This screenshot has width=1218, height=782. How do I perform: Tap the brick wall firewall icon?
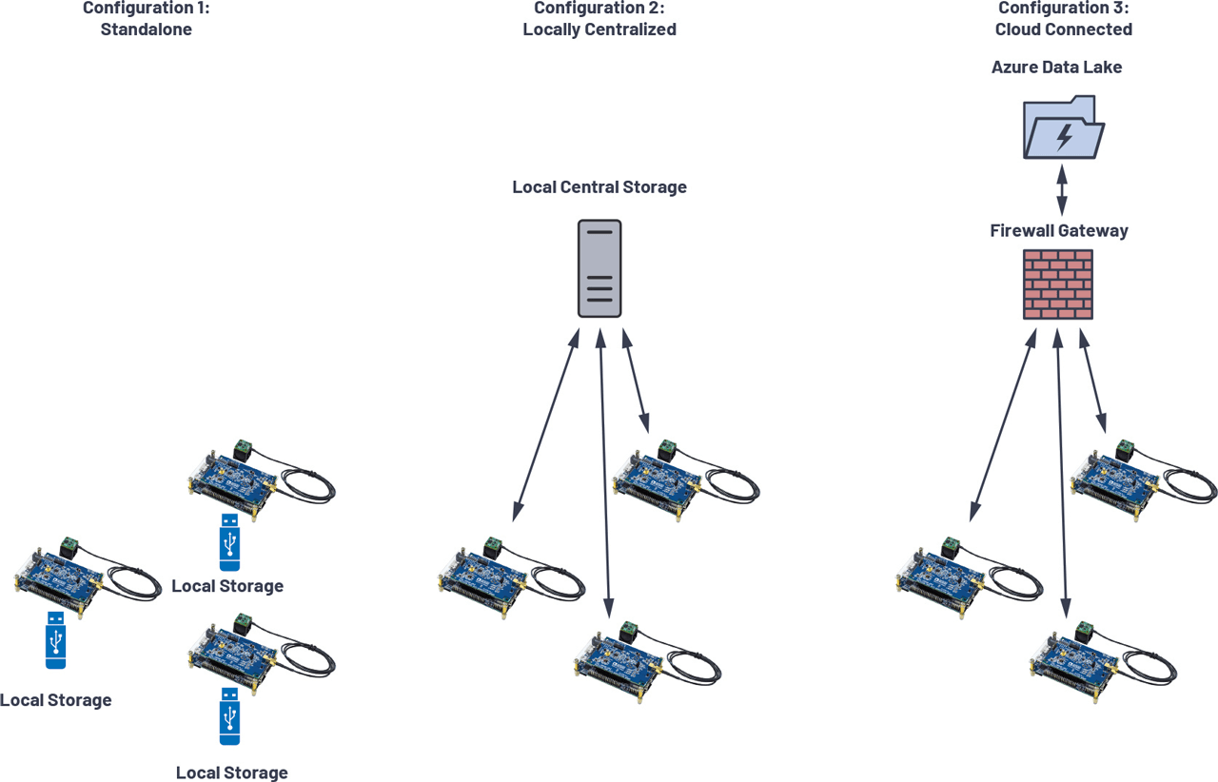[1058, 284]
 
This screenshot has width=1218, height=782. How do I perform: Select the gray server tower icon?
[599, 268]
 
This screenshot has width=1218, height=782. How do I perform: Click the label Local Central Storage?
[599, 187]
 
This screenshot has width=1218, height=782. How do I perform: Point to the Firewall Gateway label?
[1059, 230]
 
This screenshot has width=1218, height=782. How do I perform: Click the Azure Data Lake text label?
[1056, 68]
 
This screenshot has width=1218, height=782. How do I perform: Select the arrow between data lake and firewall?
[1063, 191]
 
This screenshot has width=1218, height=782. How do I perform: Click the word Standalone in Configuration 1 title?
[147, 29]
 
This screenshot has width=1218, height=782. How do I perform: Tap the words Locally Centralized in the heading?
[599, 29]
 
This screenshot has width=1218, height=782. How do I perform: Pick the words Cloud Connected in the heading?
[1063, 29]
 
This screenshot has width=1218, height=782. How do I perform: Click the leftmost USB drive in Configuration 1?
[56, 640]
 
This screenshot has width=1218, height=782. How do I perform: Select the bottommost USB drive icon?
[229, 715]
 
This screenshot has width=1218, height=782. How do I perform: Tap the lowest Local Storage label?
[231, 772]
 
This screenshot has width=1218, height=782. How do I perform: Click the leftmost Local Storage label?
[55, 700]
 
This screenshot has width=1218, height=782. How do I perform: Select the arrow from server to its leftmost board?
[544, 425]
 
